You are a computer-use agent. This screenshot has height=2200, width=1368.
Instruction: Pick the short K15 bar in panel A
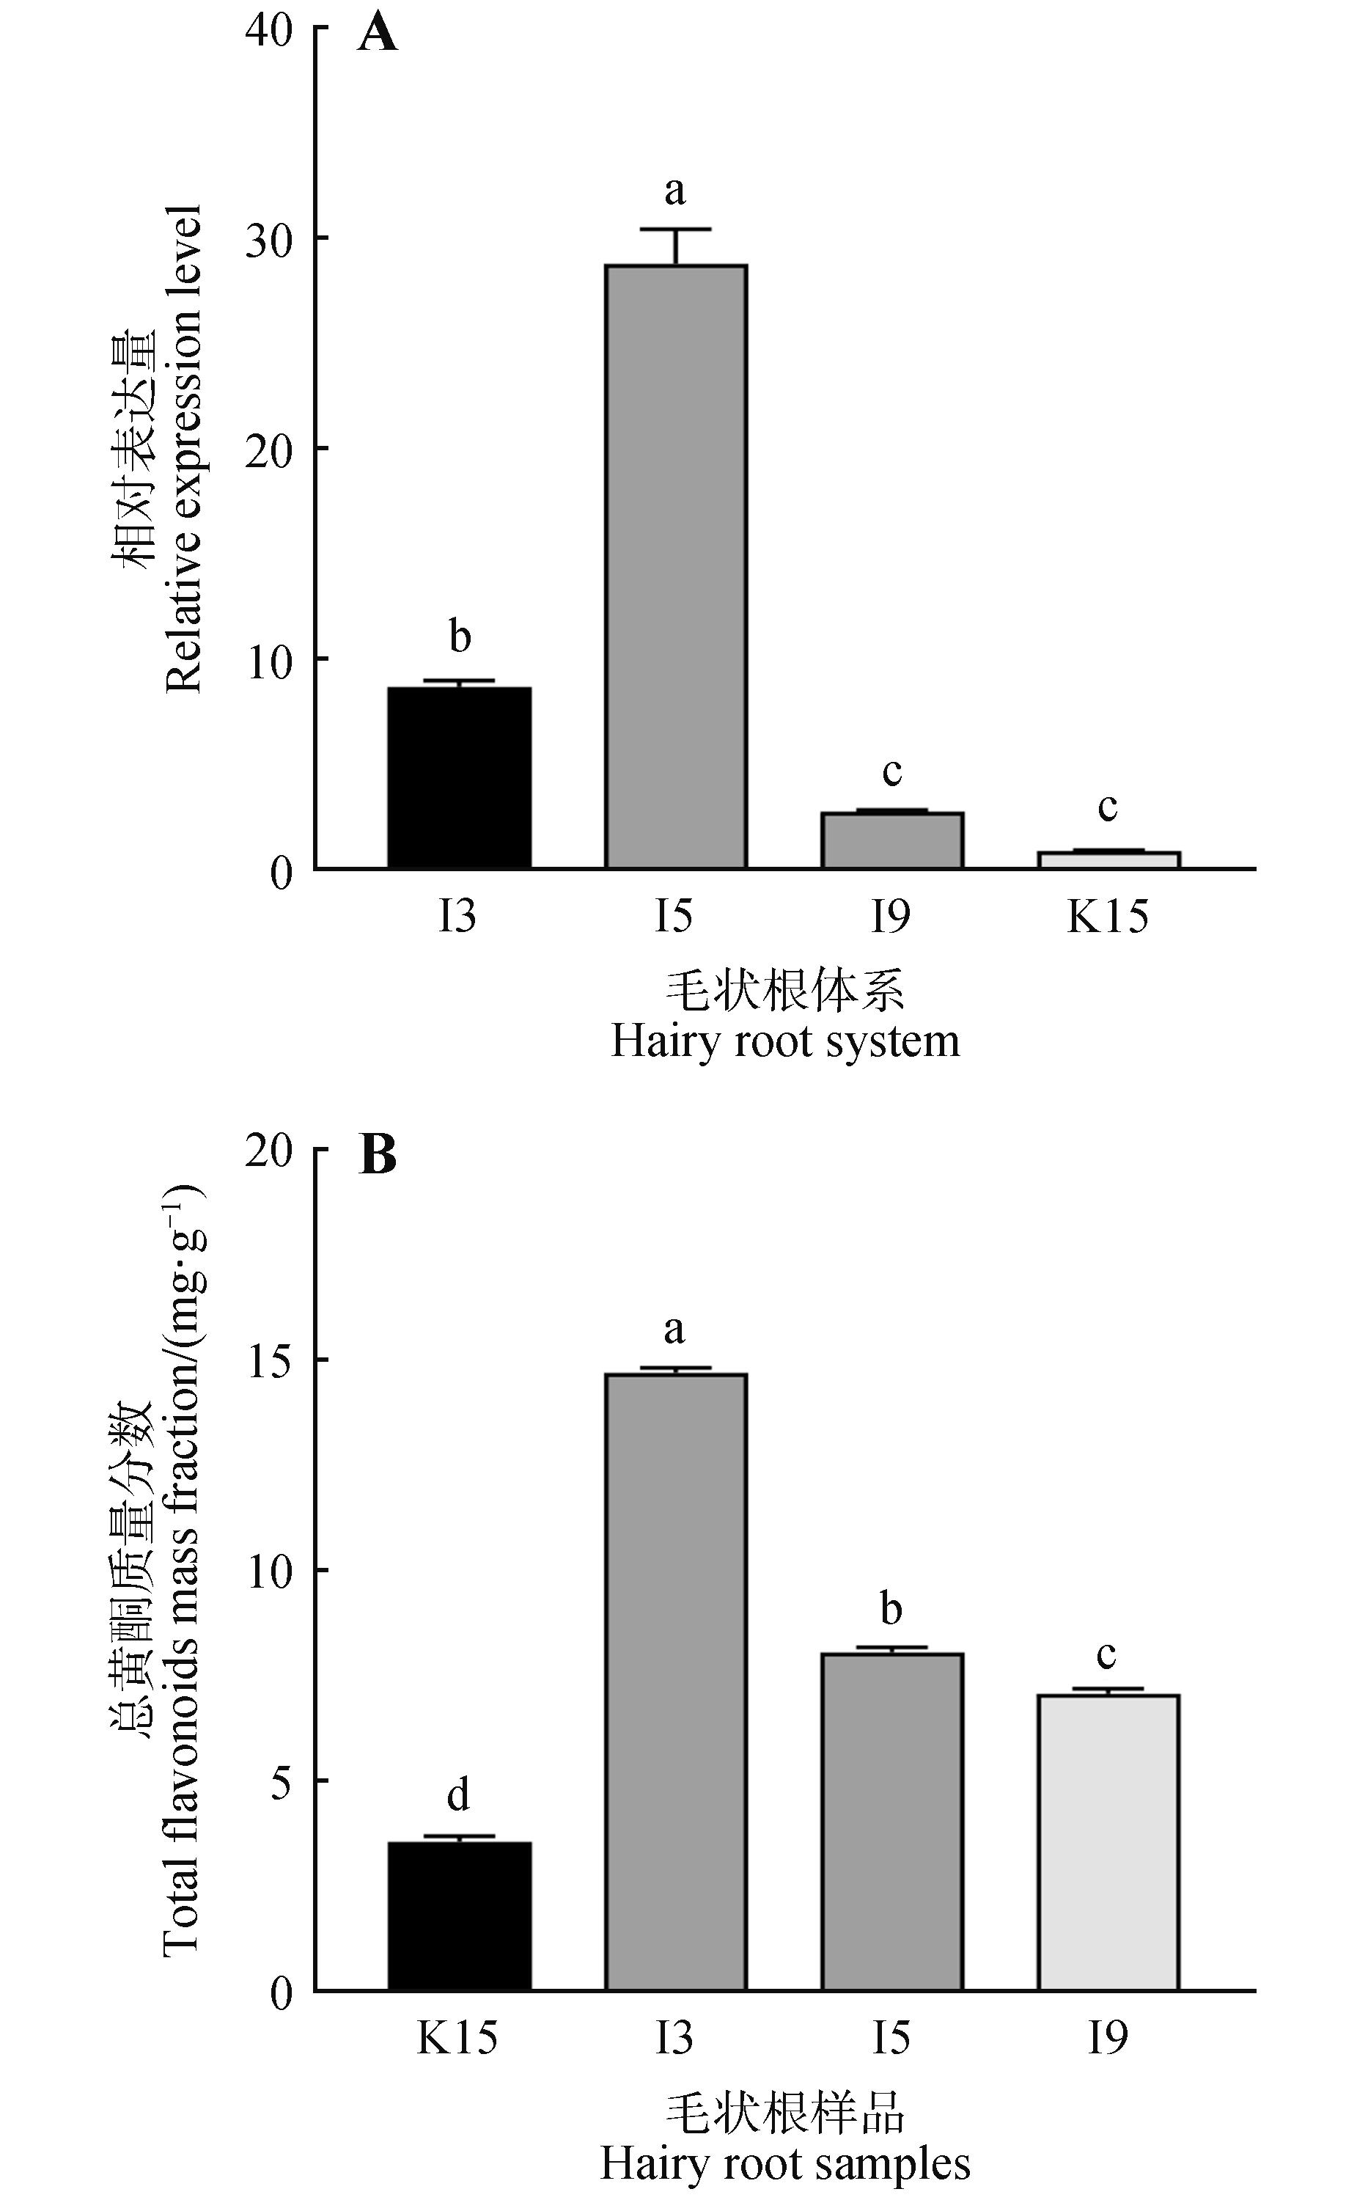[x=1108, y=859]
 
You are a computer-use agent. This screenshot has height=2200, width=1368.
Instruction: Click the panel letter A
[x=378, y=36]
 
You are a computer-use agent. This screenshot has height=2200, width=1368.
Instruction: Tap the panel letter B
[x=378, y=1156]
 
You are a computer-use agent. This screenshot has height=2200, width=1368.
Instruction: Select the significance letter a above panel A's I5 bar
[x=675, y=191]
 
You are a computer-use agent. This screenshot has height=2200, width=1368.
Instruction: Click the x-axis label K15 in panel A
[x=1108, y=917]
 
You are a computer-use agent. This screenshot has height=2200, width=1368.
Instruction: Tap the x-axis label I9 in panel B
[x=1108, y=2038]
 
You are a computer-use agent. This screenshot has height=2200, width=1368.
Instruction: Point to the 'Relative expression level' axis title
[x=184, y=449]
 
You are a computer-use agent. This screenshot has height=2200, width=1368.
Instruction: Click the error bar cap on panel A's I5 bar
[x=676, y=230]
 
